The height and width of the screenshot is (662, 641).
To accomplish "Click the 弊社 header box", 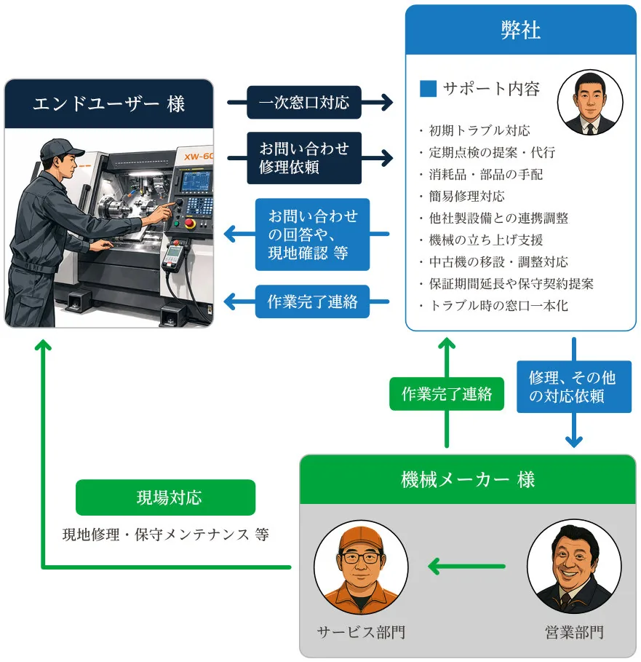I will pos(520,31).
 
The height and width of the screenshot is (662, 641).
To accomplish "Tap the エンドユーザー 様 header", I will pos(109,103).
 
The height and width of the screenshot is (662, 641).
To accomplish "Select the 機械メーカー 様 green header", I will pos(467,479).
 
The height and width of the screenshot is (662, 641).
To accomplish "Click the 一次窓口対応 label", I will pos(304,103).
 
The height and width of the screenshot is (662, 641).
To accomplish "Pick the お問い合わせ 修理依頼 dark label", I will pos(304,157).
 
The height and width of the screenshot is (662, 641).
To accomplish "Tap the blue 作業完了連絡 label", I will pos(313,302).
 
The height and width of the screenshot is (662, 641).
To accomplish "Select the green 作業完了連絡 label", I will pos(447,394).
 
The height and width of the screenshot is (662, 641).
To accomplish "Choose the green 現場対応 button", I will pos(166,497).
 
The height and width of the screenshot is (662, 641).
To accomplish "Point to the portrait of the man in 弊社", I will pos(589,103).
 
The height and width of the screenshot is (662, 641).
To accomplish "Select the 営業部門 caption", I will pos(574,632).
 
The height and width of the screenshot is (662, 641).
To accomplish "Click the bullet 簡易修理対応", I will pos(466,196).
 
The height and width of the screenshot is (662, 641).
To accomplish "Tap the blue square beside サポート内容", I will pos(429,89).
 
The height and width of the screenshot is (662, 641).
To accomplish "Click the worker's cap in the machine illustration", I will pos(58,149).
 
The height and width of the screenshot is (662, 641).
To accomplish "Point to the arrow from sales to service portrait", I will pos(466,566).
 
